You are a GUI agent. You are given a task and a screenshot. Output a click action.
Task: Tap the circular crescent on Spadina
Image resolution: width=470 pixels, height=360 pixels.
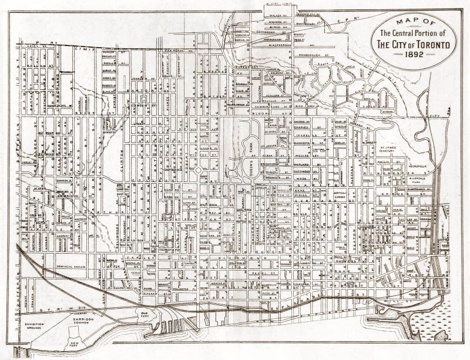tap(199, 170)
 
